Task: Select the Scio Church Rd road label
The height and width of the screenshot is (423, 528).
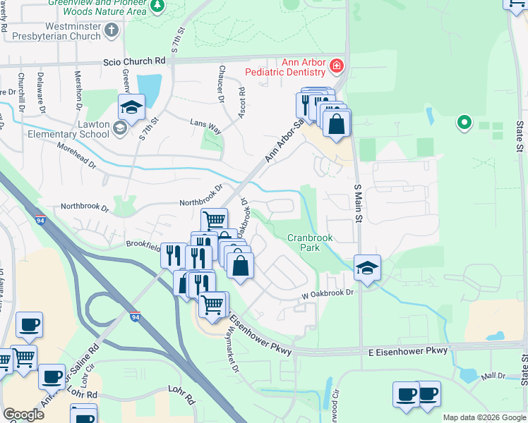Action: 133,61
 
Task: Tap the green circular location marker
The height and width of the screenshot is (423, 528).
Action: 464,123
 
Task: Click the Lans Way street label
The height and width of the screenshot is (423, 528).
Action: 206,127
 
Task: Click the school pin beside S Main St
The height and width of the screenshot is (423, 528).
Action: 367,267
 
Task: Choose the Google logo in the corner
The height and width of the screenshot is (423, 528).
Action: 23,415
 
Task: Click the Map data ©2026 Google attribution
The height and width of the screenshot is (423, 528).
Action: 484,417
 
